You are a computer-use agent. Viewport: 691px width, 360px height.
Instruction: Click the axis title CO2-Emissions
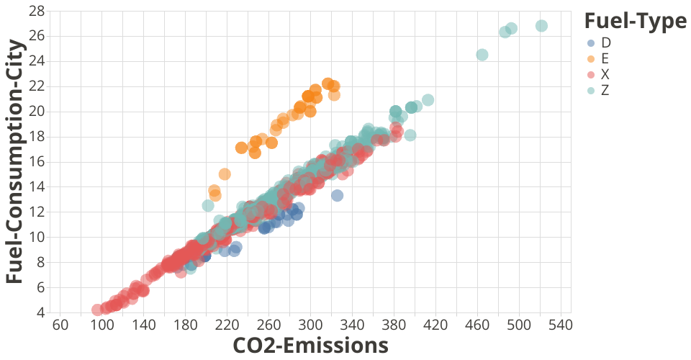310,346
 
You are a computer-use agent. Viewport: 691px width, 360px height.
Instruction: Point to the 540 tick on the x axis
561,325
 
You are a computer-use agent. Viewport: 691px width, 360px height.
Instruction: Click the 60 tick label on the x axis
60,325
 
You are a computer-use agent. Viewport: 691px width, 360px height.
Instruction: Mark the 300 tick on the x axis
311,325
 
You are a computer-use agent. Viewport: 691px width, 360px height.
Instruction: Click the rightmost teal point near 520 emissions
541,26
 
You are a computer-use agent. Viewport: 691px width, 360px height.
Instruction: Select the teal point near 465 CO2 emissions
482,55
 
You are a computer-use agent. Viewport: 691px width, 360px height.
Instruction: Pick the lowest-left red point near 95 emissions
97,310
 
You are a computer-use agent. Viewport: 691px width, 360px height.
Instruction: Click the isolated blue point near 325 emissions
337,195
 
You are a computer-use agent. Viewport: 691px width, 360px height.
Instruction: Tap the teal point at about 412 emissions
428,99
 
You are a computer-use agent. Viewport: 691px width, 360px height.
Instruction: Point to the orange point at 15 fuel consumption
225,174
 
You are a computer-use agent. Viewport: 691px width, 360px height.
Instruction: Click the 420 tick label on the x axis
435,325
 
